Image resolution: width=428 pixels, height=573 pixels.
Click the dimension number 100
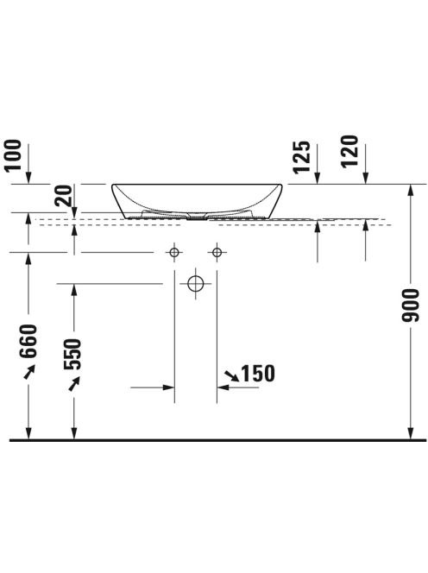tap(13, 155)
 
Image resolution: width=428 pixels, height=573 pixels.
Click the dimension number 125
tap(301, 157)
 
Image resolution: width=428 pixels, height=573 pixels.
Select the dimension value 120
tap(349, 151)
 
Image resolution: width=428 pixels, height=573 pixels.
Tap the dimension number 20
tap(64, 196)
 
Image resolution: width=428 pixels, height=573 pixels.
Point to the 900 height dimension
tap(410, 305)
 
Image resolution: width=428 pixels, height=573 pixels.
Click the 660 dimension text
tap(28, 341)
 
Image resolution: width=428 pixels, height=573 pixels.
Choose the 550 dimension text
tap(72, 355)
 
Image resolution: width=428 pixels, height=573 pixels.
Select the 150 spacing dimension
tap(258, 374)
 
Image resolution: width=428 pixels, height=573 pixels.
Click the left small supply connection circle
tap(174, 252)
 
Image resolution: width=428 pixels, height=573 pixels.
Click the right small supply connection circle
tap(217, 252)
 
